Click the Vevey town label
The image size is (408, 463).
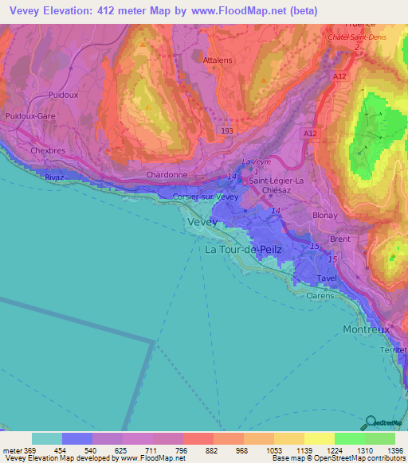tap(202, 223)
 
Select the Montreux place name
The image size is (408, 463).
tap(366, 329)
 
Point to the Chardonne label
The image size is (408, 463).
tap(166, 176)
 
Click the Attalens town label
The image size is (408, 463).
tap(218, 60)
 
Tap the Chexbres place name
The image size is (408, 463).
tap(46, 150)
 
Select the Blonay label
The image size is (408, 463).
tap(324, 215)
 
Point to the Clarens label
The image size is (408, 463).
tap(321, 294)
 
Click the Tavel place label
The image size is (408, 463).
tap(327, 278)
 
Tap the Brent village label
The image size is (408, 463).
tap(339, 238)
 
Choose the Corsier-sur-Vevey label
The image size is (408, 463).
tap(206, 196)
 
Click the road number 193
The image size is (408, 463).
tap(227, 130)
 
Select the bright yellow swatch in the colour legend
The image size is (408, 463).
tap(320, 438)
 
